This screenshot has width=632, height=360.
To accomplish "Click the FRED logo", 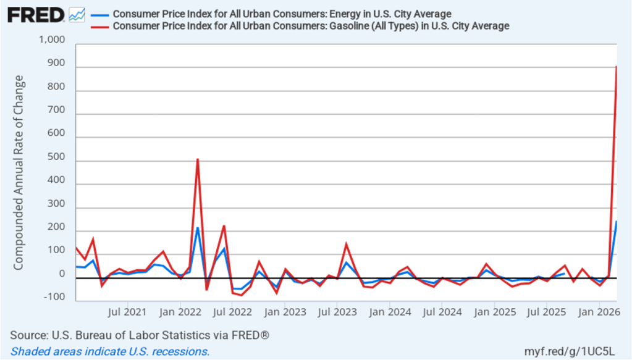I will pos(36,14).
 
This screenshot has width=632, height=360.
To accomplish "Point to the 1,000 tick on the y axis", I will pos(52,40).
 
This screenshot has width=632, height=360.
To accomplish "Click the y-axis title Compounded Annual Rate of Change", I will pos(19,173).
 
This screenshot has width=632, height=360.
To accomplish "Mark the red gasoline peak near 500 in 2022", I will pos(198,159).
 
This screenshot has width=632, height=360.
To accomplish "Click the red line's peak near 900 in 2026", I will pos(616,67).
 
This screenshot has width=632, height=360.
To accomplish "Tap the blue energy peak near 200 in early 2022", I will pos(198,228).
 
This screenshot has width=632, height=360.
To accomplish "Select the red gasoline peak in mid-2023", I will pos(346,243).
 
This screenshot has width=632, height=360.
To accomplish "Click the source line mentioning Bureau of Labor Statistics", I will pos(140,335).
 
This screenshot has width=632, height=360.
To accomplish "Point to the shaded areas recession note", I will pos(111,351).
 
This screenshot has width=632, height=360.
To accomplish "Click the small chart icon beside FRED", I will pos(77,14).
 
